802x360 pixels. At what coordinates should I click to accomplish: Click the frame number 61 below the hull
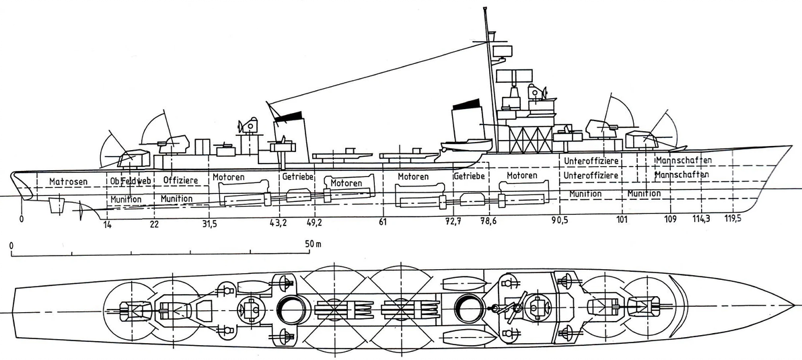click(x=382, y=223)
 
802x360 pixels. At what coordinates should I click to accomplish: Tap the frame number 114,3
click(x=703, y=219)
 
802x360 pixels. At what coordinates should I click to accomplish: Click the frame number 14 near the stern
click(x=107, y=225)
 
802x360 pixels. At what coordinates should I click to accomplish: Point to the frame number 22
click(x=155, y=224)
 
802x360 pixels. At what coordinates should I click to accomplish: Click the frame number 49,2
click(x=315, y=223)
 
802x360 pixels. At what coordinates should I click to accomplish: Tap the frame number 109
click(x=669, y=220)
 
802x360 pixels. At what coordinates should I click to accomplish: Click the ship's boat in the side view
click(x=466, y=143)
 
